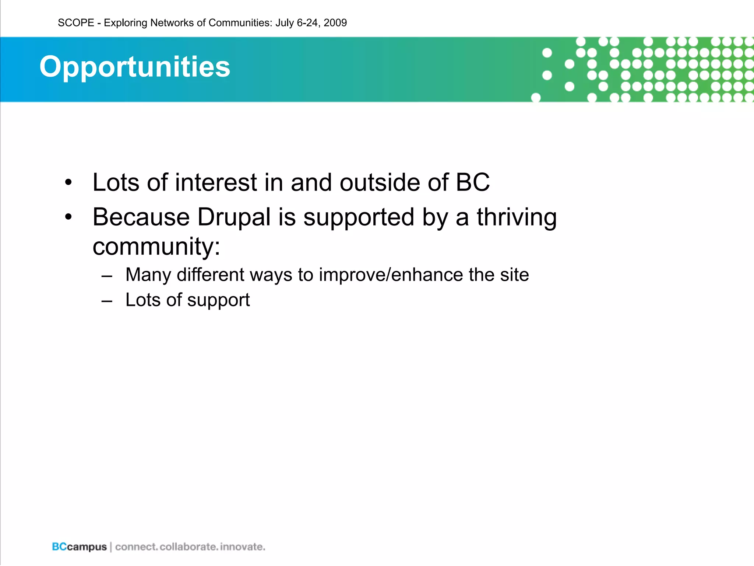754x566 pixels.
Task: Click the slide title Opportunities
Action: tap(135, 67)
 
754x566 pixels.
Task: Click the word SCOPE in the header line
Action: tap(76, 23)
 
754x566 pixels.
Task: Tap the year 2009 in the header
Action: tap(335, 23)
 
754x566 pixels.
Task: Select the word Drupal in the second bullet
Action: tap(234, 217)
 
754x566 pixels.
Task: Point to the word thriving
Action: tap(517, 217)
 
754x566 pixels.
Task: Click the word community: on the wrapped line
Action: tap(156, 247)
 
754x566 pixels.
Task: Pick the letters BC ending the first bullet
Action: tap(473, 182)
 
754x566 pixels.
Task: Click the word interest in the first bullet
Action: tap(216, 182)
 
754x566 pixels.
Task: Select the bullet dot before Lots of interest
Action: tap(68, 183)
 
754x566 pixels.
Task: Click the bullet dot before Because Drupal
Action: tap(68, 217)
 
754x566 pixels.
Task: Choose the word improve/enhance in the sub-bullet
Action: tap(391, 275)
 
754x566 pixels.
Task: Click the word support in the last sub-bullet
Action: tap(218, 300)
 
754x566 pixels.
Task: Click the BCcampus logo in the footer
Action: tap(79, 546)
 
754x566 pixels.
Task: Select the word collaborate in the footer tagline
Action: tap(188, 546)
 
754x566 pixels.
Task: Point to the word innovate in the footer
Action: tap(242, 546)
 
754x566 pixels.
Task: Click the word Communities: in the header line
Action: tap(240, 23)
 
